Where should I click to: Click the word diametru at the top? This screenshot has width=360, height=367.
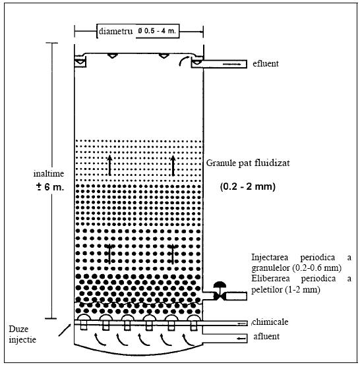coord(115,32)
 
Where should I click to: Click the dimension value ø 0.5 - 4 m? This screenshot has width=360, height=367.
coord(157,31)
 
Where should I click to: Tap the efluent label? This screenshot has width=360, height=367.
coord(266,63)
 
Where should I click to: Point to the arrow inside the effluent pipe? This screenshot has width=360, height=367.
coord(232,64)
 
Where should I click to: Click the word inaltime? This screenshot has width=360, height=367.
coord(49,174)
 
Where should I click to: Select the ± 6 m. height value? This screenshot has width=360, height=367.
coord(49,187)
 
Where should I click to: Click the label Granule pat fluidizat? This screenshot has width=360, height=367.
coord(248,163)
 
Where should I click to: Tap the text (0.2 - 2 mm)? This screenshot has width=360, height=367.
coord(248,186)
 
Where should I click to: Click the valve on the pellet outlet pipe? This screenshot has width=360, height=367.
coord(220,291)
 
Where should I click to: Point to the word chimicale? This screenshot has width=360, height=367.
coord(270,322)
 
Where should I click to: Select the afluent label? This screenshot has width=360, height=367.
coord(266,336)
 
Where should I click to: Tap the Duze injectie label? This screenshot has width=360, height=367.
coord(22,334)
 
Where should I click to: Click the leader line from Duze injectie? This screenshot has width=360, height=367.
coord(65,330)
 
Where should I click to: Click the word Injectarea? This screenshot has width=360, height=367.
coord(270,258)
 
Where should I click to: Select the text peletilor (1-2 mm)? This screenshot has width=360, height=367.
coord(285,290)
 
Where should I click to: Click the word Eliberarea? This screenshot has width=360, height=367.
coord(270,279)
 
